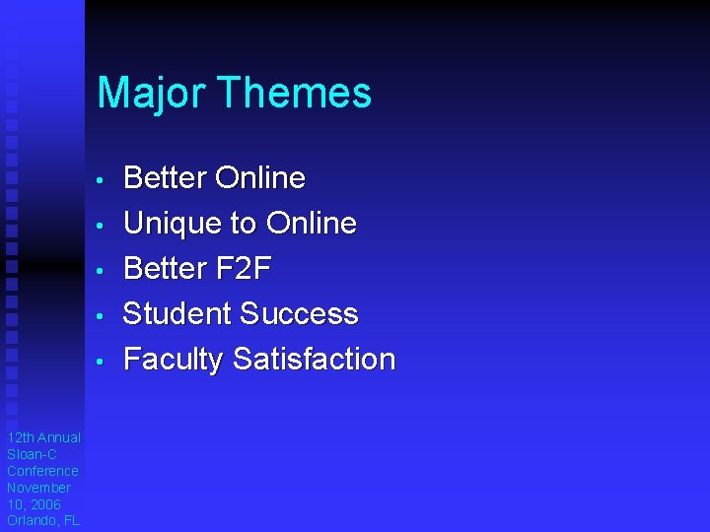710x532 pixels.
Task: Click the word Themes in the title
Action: (x=294, y=94)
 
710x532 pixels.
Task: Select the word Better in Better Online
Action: (x=165, y=178)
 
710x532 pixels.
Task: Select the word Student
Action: (x=177, y=313)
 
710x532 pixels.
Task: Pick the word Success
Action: (x=299, y=313)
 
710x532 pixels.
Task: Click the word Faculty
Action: (x=174, y=360)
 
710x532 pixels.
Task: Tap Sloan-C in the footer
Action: (x=32, y=454)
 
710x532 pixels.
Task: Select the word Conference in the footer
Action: (x=42, y=471)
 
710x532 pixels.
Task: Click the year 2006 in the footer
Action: (x=44, y=504)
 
